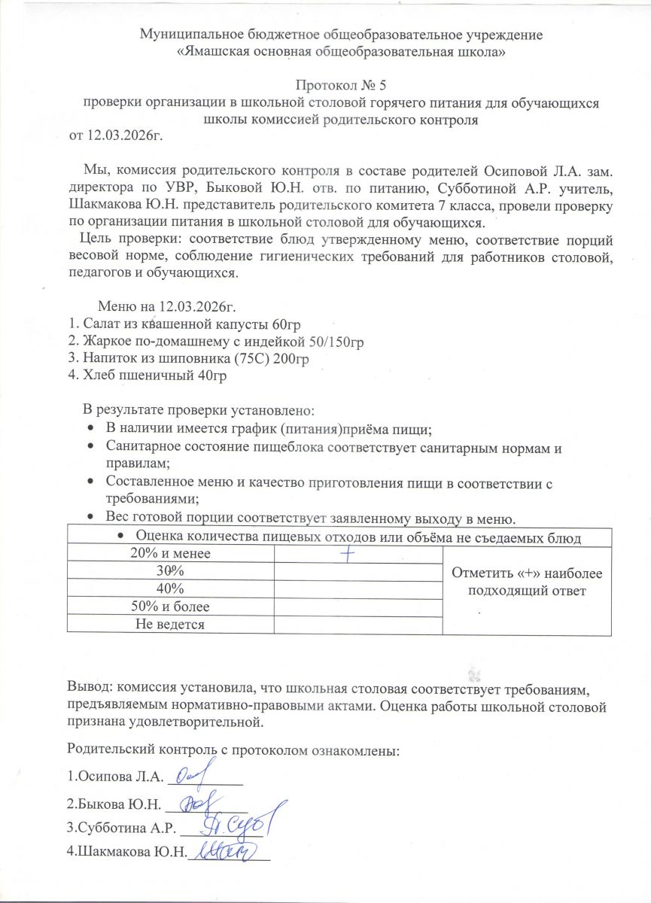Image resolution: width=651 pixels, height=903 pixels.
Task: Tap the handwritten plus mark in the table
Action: (x=348, y=554)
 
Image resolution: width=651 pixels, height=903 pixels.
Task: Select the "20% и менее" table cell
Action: (x=170, y=555)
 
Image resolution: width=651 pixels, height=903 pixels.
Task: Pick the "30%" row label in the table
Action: (x=170, y=571)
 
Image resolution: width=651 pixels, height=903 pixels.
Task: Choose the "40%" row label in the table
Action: (x=170, y=588)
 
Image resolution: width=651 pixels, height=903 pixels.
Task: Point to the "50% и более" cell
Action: (x=170, y=606)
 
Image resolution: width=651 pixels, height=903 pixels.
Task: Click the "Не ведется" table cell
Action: (x=170, y=623)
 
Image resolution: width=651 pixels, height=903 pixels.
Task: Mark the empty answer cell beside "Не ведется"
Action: (x=358, y=623)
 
